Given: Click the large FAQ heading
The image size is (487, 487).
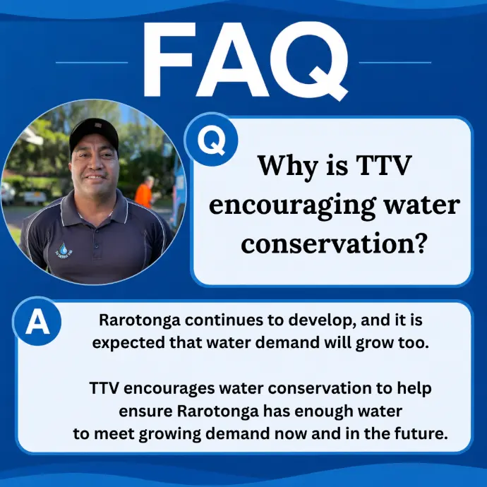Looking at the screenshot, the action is [246, 61].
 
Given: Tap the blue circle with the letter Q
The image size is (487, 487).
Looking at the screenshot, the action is [211, 140].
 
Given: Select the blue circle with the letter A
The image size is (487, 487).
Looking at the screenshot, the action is [37, 321].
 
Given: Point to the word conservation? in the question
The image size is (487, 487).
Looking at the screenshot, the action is [332, 243].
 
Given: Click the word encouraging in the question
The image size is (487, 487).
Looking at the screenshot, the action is [291, 206].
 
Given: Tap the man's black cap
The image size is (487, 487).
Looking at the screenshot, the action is [94, 135].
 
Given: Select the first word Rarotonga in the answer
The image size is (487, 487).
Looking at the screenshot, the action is [140, 321].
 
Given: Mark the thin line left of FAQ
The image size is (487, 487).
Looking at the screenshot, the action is [92, 62].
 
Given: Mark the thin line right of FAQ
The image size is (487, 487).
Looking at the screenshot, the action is [395, 62].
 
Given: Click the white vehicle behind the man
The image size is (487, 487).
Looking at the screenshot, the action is [35, 197].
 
